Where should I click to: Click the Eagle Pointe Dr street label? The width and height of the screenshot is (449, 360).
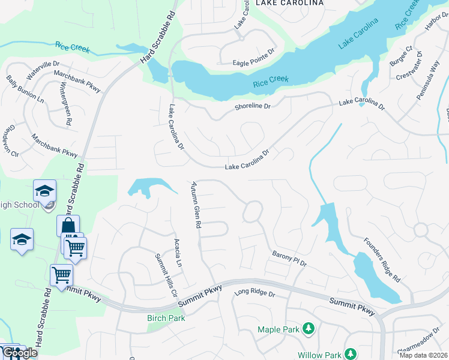pos(253,62)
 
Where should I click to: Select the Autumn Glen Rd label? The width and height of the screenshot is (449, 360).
pos(195,205)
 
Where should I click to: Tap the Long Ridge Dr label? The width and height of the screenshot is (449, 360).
pos(254,293)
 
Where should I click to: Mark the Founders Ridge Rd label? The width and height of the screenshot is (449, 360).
pos(381,260)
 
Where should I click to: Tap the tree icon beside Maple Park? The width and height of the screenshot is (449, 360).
pos(308,328)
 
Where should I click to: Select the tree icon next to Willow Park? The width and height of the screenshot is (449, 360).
pos(351,355)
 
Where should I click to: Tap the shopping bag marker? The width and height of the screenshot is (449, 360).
pos(67,226)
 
